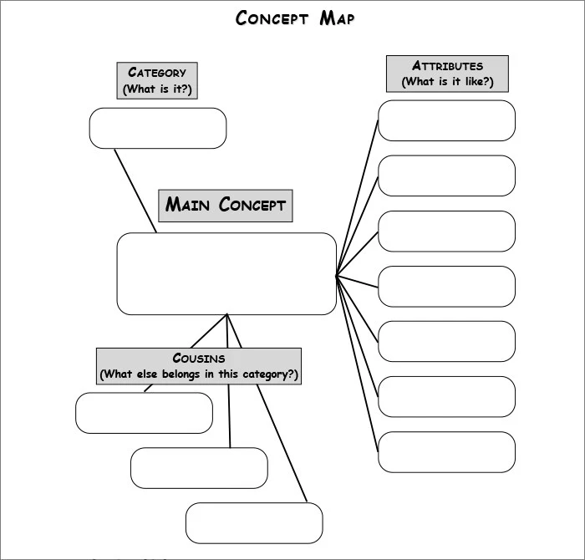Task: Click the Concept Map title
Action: point(294,18)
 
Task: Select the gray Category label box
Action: point(157,80)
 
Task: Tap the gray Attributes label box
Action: point(447,74)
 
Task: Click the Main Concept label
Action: point(226,205)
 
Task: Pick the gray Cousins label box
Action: point(198,366)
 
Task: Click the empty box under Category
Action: point(158,128)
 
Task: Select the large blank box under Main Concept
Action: point(226,273)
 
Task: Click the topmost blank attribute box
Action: point(446,120)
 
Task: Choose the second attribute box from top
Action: point(446,176)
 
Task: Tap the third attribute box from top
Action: point(446,231)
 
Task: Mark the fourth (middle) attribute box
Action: point(446,286)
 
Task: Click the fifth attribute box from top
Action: point(446,341)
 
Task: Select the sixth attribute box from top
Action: point(446,396)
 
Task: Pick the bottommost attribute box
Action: point(446,451)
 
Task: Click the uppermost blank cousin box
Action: point(144,413)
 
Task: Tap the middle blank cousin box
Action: point(199,468)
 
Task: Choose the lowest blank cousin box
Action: point(254,523)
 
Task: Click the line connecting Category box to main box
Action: point(135,191)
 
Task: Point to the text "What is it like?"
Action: point(447,82)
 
